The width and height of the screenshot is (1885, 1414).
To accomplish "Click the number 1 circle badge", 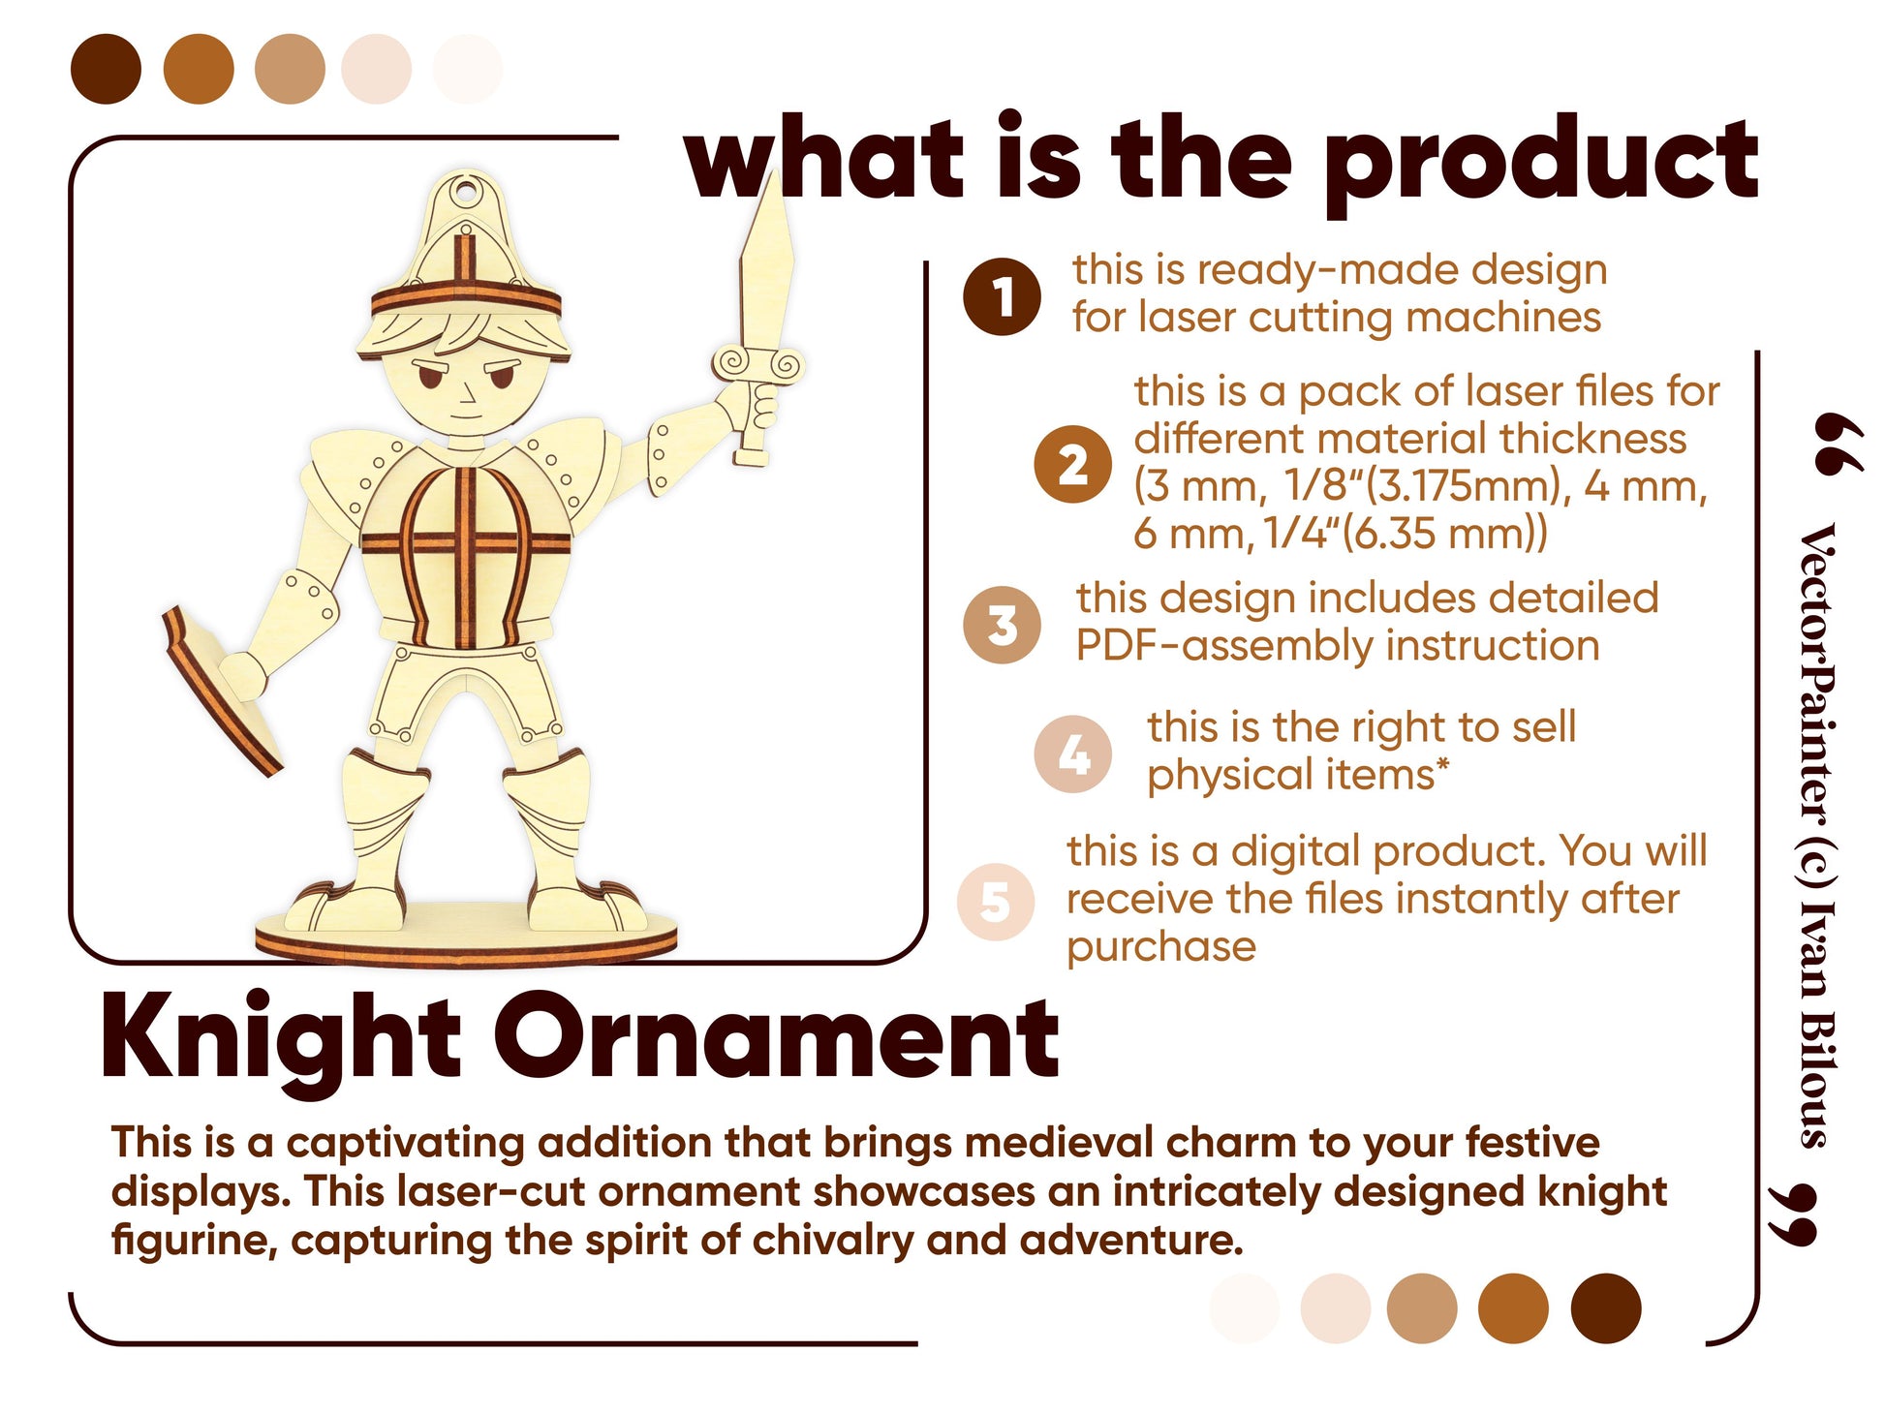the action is click(1002, 297).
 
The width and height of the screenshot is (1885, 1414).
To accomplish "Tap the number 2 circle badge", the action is click(1072, 464).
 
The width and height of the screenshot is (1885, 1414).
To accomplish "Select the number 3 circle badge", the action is click(1002, 625).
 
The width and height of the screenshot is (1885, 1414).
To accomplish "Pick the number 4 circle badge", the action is click(1072, 754).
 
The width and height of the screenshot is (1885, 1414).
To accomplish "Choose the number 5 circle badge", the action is click(996, 902).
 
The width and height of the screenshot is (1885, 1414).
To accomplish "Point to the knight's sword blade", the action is click(767, 261).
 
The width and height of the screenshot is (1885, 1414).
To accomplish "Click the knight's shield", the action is click(222, 690).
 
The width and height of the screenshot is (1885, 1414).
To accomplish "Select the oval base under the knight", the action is click(466, 936).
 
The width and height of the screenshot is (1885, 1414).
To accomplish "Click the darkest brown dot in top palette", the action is click(106, 69).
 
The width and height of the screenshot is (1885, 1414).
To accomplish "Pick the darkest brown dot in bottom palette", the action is click(1606, 1308).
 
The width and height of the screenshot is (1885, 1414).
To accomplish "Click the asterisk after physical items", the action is click(1442, 766).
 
